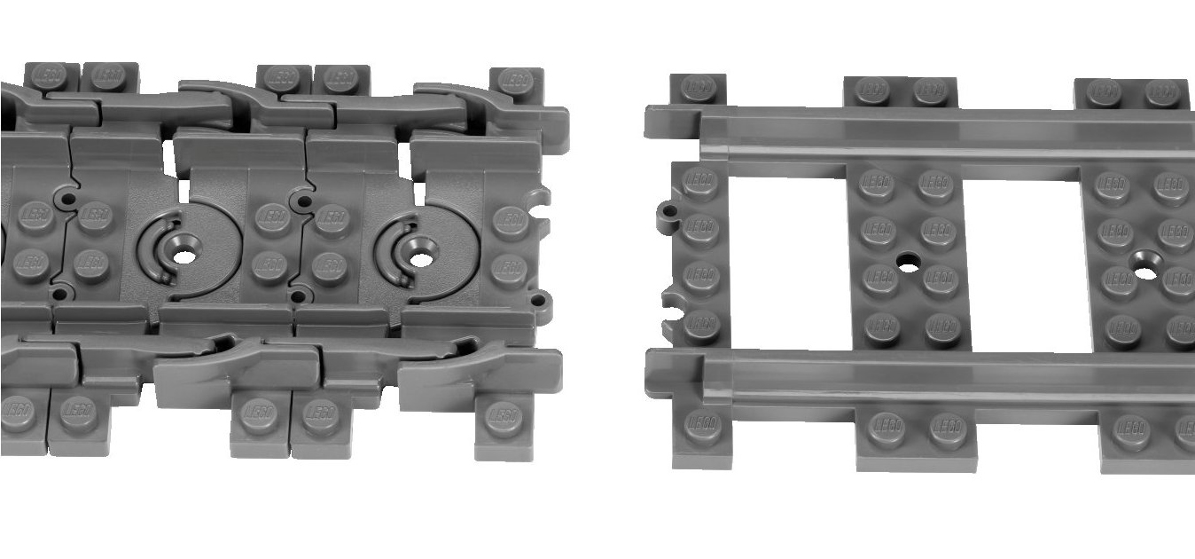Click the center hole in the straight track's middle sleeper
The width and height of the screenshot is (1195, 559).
tap(907, 263)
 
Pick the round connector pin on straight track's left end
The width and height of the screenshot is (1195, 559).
tap(668, 212)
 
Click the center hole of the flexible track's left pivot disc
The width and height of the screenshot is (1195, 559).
tap(184, 256)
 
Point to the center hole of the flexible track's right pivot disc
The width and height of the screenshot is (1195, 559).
tap(421, 259)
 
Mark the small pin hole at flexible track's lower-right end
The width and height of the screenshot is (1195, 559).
tap(535, 303)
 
